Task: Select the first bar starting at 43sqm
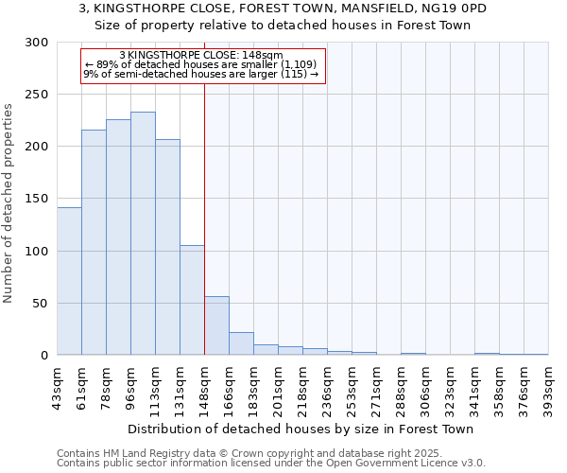point(69,281)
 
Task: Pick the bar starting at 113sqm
point(167,247)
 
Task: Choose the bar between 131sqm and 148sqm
point(192,300)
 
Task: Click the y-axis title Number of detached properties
point(9,199)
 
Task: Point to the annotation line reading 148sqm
point(201,56)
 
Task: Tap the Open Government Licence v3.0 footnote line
point(271,464)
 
